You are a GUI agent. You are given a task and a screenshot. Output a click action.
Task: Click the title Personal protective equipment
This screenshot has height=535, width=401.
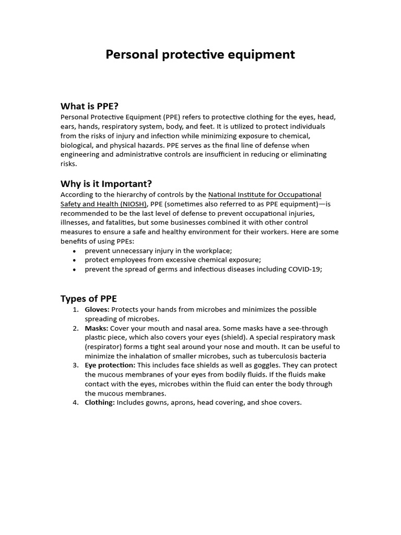tap(200, 54)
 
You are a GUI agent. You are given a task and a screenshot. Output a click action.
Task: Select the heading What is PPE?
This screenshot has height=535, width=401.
tap(93, 106)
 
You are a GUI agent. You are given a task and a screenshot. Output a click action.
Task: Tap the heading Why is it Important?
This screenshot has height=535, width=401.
tap(106, 183)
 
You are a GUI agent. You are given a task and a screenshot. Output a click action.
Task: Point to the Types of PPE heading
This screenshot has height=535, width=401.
tap(89, 298)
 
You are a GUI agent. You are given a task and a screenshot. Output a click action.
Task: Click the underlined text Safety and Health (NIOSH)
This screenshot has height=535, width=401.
tap(104, 204)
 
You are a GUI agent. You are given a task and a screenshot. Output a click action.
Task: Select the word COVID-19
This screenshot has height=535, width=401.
tap(301, 269)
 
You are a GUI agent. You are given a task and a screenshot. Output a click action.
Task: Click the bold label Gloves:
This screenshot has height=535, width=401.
tap(97, 309)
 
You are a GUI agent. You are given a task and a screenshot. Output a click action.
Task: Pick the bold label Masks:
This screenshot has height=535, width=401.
tap(97, 328)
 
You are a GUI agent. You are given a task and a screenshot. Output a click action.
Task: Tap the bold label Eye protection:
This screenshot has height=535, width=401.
tap(110, 365)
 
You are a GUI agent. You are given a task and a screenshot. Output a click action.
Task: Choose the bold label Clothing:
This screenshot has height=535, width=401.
tap(100, 402)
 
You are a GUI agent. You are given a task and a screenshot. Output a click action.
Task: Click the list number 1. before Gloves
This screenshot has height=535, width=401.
tap(76, 309)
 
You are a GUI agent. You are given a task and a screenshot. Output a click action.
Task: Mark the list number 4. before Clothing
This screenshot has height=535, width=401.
tap(76, 402)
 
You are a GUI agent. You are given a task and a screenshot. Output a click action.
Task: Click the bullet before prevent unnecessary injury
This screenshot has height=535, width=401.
tap(75, 251)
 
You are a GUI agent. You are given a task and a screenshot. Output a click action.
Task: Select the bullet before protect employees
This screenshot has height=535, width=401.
tap(75, 260)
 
